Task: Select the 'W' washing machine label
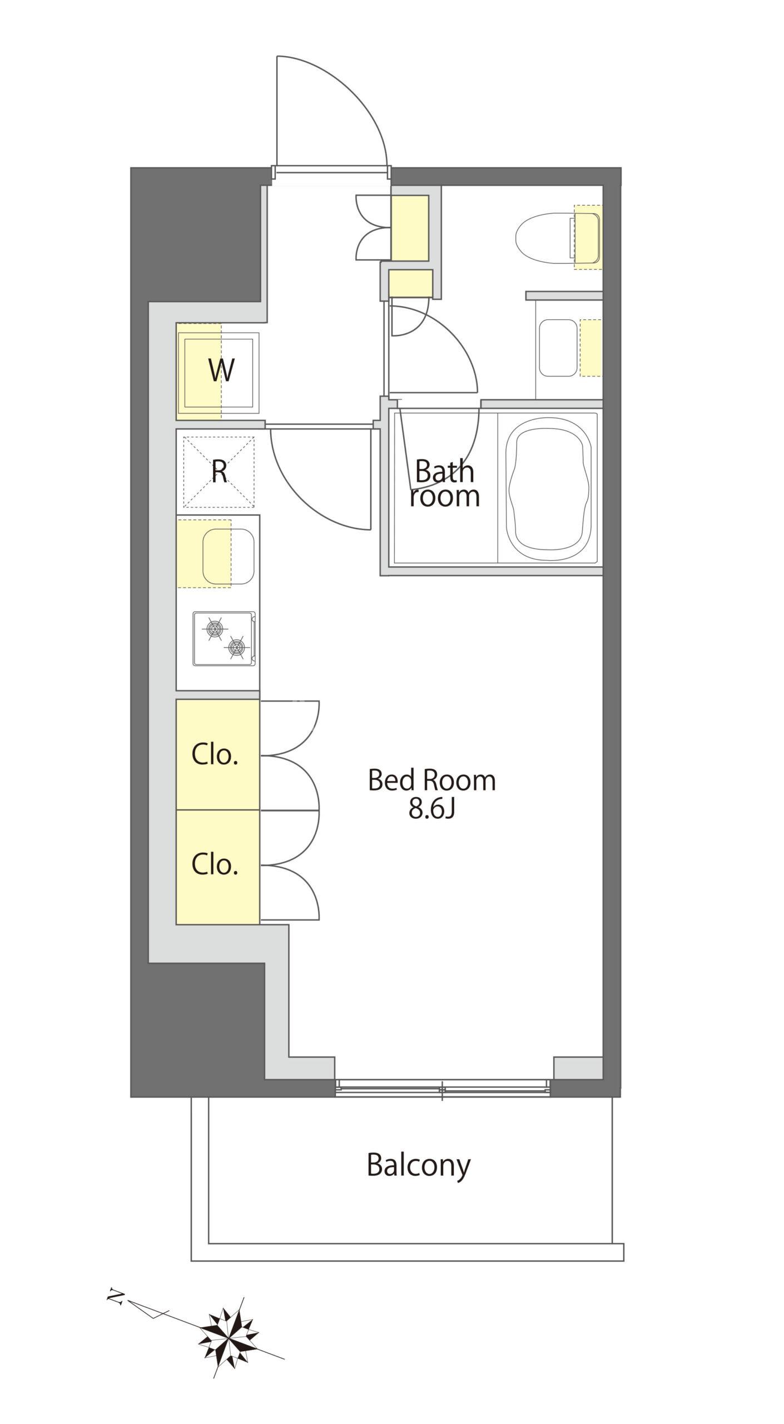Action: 221,369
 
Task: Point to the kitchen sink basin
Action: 229,556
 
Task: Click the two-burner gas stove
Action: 224,638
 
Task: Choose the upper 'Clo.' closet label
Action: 215,754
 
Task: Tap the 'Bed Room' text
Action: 431,780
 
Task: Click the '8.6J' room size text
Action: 432,810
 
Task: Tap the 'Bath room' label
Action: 444,483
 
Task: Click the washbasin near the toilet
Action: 558,348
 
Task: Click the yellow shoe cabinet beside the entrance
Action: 410,228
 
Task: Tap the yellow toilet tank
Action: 588,237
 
